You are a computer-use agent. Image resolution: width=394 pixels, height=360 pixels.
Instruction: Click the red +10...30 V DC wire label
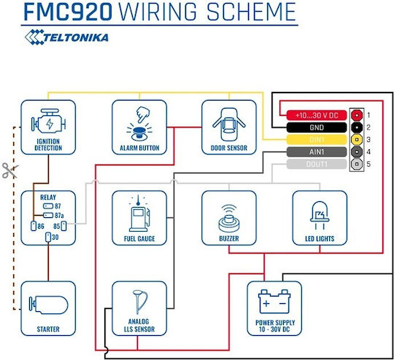click(x=317, y=115)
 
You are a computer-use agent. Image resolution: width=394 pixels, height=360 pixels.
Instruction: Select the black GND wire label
click(x=317, y=128)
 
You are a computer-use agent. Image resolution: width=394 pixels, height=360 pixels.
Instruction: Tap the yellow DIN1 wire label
click(x=317, y=140)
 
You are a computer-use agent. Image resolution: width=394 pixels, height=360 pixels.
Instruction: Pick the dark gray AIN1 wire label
click(x=317, y=152)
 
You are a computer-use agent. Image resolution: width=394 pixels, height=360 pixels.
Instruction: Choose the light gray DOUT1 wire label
click(x=317, y=164)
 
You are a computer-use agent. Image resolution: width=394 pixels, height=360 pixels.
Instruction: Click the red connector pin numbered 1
click(x=357, y=115)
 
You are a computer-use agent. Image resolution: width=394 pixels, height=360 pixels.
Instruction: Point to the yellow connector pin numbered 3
click(x=357, y=140)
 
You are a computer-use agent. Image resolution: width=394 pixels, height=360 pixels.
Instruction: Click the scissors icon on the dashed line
click(x=10, y=171)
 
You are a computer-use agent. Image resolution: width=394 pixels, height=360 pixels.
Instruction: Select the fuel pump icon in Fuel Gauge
click(x=139, y=214)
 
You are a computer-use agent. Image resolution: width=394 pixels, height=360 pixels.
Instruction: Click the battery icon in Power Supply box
click(x=274, y=301)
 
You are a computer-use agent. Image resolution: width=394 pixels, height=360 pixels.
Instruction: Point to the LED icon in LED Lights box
click(x=320, y=216)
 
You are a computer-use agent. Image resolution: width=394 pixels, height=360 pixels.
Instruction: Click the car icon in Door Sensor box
click(x=229, y=125)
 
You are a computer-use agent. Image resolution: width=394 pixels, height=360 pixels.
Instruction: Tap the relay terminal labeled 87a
click(x=48, y=216)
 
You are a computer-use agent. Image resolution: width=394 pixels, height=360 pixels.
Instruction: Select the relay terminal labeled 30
click(x=48, y=238)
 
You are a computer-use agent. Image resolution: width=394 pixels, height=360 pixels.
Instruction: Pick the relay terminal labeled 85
click(x=63, y=226)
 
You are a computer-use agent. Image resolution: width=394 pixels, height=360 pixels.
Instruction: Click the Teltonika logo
click(x=66, y=37)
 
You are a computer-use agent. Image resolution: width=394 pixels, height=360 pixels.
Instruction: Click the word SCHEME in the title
click(x=252, y=12)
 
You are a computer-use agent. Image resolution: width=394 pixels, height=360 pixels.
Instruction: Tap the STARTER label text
click(x=48, y=329)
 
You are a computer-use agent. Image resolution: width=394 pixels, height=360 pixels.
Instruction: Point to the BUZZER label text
click(x=229, y=238)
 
